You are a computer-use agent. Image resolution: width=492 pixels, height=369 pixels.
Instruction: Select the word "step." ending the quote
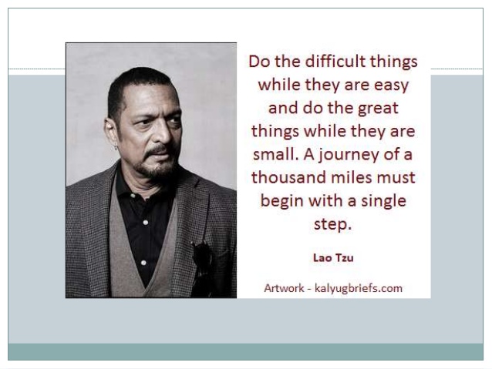(x=333, y=225)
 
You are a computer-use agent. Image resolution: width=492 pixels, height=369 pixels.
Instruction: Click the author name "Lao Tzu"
(x=333, y=257)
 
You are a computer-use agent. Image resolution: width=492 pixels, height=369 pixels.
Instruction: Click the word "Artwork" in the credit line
(x=285, y=289)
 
